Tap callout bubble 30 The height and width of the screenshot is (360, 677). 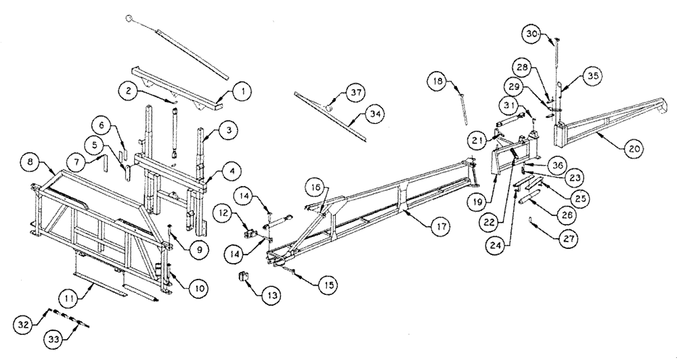532,35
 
